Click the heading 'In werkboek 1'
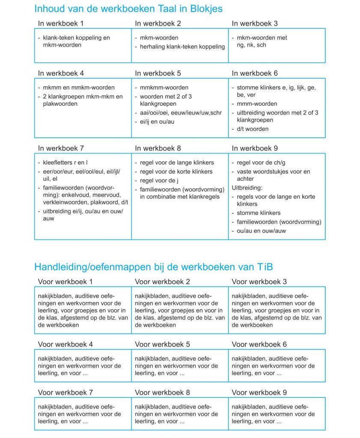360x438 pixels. tap(61, 23)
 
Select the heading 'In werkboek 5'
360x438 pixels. tap(158, 73)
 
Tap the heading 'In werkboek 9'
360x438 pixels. tap(255, 148)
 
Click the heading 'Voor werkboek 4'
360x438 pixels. tap(65, 344)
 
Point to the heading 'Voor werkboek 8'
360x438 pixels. tap(162, 392)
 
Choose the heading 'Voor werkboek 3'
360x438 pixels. tap(259, 282)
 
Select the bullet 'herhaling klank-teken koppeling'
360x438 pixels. tap(182, 47)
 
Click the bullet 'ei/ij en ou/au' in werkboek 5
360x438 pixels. tap(157, 121)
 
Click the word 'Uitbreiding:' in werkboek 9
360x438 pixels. tap(247, 188)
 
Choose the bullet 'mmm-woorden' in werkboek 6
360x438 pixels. tap(257, 104)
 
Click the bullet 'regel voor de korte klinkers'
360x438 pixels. tap(176, 172)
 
